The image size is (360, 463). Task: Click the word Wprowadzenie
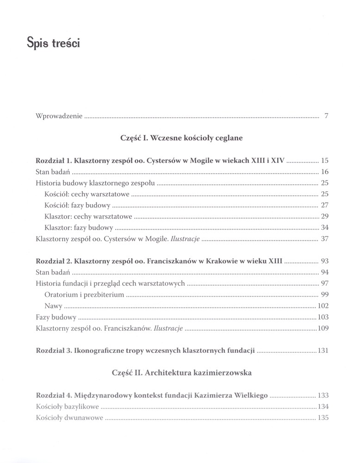coord(59,116)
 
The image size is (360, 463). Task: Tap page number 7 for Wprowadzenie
coord(326,116)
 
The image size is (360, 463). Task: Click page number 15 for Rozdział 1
coord(324,161)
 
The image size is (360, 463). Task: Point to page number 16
coord(324,172)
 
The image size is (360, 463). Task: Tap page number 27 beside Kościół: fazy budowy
coord(324,206)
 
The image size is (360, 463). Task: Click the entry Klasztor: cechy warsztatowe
coord(89,217)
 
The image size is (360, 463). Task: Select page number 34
coord(324,228)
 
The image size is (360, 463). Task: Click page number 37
coord(324,239)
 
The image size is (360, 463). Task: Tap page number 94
coord(324,272)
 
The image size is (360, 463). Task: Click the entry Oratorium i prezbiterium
coord(85,294)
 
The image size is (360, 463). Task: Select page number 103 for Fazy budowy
coord(323,317)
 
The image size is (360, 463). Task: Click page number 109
coord(323,328)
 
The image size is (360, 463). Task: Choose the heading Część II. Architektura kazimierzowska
coord(181,373)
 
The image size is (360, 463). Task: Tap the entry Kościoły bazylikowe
coord(68,407)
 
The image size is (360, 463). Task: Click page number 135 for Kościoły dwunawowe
coord(323,418)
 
